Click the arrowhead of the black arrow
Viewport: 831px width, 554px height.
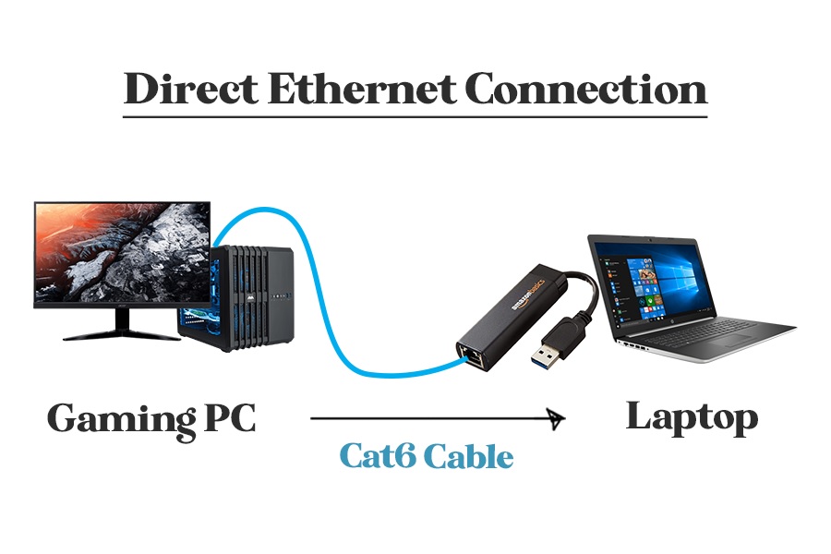point(556,418)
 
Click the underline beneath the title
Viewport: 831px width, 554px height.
point(415,116)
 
